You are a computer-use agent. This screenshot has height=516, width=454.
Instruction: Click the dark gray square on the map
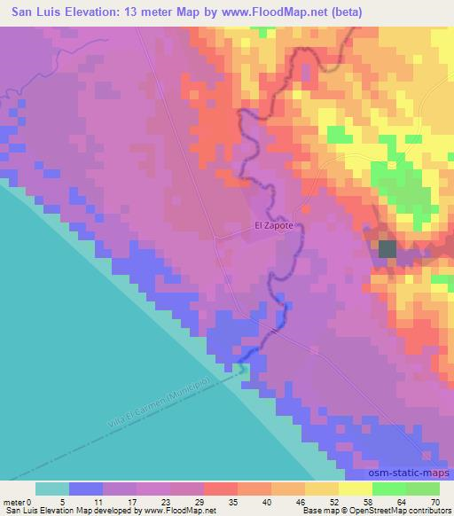387,248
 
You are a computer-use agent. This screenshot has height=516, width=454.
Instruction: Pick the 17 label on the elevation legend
137,501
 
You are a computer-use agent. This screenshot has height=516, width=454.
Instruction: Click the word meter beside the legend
13,501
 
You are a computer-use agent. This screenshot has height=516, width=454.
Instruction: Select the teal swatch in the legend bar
52,489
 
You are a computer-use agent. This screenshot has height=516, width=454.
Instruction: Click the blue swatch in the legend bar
86,489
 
